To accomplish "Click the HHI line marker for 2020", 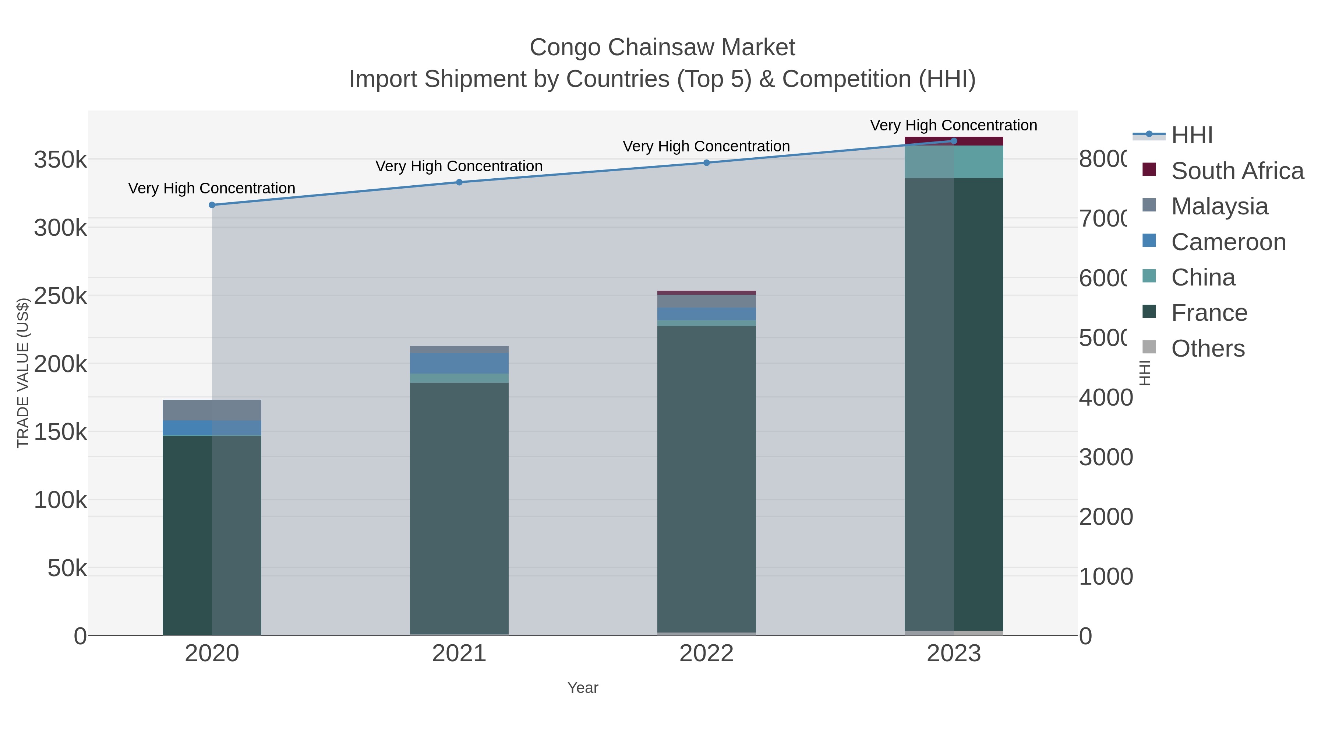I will pyautogui.click(x=212, y=205).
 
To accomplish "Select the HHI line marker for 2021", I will pyautogui.click(x=459, y=182).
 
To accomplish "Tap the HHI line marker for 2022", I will pyautogui.click(x=706, y=163).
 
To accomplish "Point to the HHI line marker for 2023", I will pyautogui.click(x=954, y=141).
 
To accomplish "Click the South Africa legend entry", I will pyautogui.click(x=1237, y=171).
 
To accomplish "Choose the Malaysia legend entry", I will pyautogui.click(x=1219, y=206).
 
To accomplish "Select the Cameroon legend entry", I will pyautogui.click(x=1228, y=242).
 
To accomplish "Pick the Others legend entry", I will pyautogui.click(x=1207, y=349).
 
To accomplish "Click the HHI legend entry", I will pyautogui.click(x=1192, y=136).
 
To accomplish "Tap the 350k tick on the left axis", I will pyautogui.click(x=60, y=160).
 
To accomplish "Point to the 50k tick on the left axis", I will pyautogui.click(x=67, y=568).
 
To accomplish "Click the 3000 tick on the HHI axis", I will pyautogui.click(x=1105, y=457).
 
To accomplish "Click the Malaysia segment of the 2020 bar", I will pyautogui.click(x=212, y=410).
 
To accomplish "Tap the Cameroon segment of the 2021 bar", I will pyautogui.click(x=459, y=363).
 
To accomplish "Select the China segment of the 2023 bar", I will pyautogui.click(x=954, y=162).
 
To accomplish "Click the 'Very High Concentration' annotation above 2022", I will pyautogui.click(x=706, y=146).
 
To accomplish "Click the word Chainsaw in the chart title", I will pyautogui.click(x=662, y=48).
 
